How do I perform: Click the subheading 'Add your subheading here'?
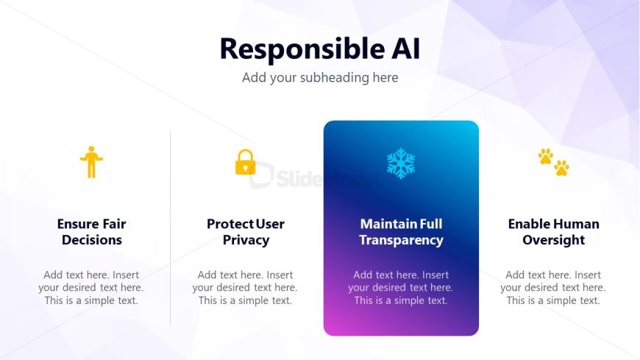[320, 77]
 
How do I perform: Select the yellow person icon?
[91, 162]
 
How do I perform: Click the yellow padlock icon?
[245, 162]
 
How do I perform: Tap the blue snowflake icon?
[401, 163]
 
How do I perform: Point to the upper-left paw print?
[545, 156]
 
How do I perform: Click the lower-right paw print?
[561, 168]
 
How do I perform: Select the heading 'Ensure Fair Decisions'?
[92, 232]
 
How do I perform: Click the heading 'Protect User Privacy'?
[246, 232]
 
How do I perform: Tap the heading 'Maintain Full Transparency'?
[401, 232]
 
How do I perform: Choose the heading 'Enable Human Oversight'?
[553, 232]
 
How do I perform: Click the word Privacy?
[246, 240]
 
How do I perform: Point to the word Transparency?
[401, 240]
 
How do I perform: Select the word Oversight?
[553, 240]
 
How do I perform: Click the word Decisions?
[92, 240]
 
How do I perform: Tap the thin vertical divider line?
[170, 228]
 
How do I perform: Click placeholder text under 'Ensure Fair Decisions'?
[91, 288]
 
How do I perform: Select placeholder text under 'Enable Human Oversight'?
[553, 288]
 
